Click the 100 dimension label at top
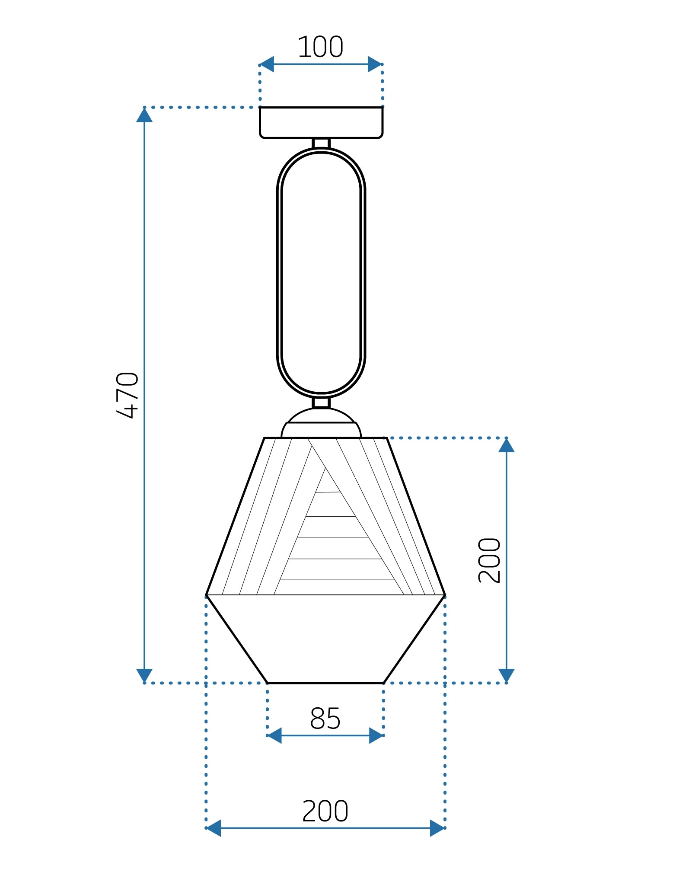pyautogui.click(x=320, y=47)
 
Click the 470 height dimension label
pyautogui.click(x=128, y=395)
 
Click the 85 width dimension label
pyautogui.click(x=325, y=719)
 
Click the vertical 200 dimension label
pyautogui.click(x=489, y=560)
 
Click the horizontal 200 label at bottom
pyautogui.click(x=325, y=811)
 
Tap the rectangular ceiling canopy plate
pyautogui.click(x=321, y=123)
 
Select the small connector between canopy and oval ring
pyautogui.click(x=321, y=143)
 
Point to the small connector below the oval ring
pyautogui.click(x=321, y=403)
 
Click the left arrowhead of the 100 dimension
pyautogui.click(x=267, y=64)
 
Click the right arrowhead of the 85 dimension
pyautogui.click(x=376, y=735)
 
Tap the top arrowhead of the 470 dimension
pyautogui.click(x=144, y=115)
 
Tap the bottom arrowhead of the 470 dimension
pyautogui.click(x=144, y=675)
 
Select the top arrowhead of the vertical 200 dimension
pyautogui.click(x=506, y=446)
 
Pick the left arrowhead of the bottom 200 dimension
pyautogui.click(x=214, y=828)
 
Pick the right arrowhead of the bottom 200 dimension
pyautogui.click(x=437, y=828)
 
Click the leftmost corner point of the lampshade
pyautogui.click(x=207, y=595)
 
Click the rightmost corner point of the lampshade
pyautogui.click(x=445, y=595)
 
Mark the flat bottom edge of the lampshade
pyautogui.click(x=325, y=683)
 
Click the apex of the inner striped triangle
pyautogui.click(x=325, y=468)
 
